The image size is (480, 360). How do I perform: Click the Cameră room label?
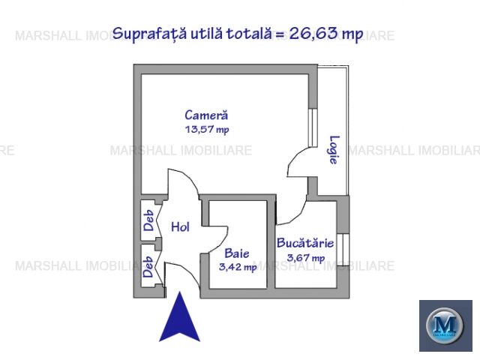(206, 115)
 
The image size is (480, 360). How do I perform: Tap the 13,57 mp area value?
(207, 130)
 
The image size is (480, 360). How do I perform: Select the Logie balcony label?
(334, 150)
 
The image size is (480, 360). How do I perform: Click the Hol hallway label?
(180, 226)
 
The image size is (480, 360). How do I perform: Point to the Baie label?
(237, 253)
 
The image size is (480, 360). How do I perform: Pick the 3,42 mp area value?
(238, 267)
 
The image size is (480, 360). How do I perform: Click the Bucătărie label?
(305, 243)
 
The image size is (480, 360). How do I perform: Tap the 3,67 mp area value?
(305, 258)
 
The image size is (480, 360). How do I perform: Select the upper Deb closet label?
(148, 220)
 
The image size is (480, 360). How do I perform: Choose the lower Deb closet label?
(148, 267)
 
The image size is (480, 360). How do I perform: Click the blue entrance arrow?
(180, 316)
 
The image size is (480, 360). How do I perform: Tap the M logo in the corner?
(445, 325)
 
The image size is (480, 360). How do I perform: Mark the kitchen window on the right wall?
(345, 249)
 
